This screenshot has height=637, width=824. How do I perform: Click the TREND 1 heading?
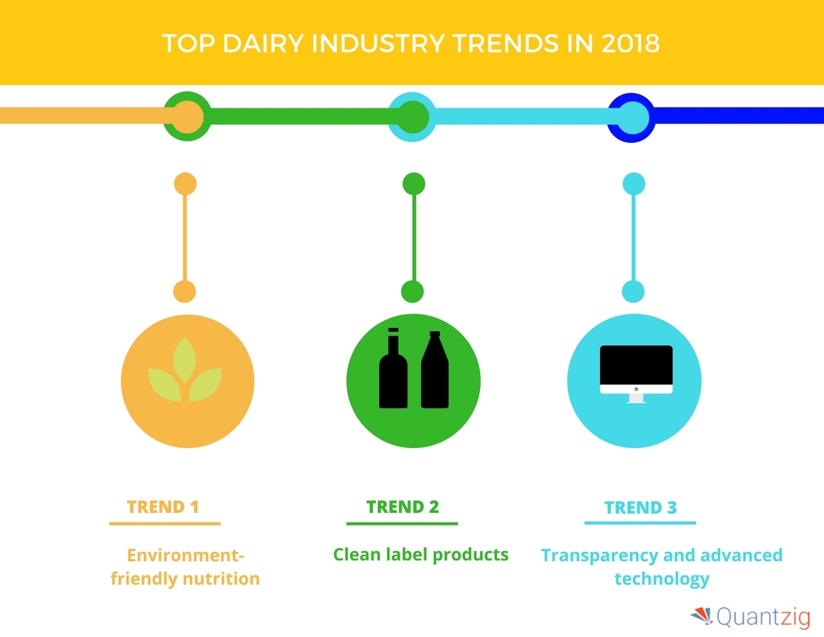tap(163, 507)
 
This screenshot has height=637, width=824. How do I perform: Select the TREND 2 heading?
tap(403, 507)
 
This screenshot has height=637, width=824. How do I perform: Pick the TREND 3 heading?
tap(641, 507)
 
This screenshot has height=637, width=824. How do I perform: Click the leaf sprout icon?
tap(184, 370)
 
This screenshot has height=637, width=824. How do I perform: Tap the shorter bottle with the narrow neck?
tap(393, 368)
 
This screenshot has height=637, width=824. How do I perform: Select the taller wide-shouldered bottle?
tap(435, 369)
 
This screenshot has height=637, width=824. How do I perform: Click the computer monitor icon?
tap(636, 374)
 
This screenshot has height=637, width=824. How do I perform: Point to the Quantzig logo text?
tap(764, 617)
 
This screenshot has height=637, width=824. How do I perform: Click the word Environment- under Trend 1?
tap(186, 555)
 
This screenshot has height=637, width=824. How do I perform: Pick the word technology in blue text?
tap(662, 578)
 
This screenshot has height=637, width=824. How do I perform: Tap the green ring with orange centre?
tap(187, 94)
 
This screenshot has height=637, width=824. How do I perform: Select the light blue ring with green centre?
tap(412, 94)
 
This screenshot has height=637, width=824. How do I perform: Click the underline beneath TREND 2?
tap(402, 524)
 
